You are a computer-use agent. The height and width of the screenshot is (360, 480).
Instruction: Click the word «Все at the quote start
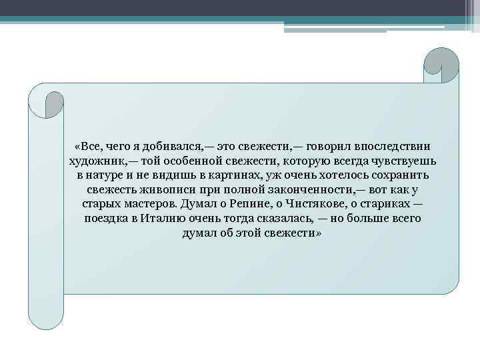[x=89, y=146]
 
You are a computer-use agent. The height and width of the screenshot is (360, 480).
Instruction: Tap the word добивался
[x=174, y=146]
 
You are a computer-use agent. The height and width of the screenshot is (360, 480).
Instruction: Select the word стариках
[x=382, y=205]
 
